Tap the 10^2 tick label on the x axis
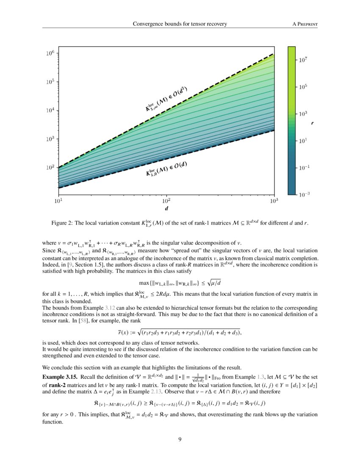click(x=166, y=200)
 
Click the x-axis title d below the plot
click(x=166, y=208)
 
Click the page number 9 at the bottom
click(x=180, y=439)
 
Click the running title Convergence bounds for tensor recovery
click(x=180, y=24)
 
